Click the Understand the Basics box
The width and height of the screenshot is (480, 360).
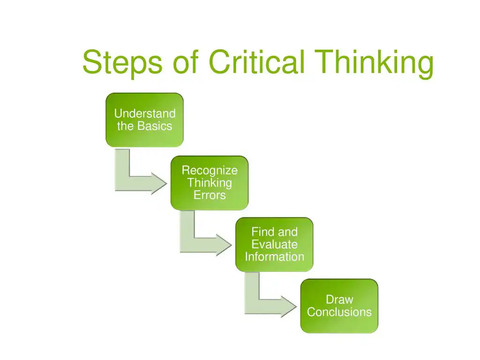click(x=144, y=120)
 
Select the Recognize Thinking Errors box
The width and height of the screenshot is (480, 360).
click(x=209, y=183)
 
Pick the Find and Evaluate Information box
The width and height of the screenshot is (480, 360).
click(x=274, y=244)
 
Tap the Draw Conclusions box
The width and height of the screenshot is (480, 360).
click(x=339, y=306)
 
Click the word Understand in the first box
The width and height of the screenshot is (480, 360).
click(x=145, y=113)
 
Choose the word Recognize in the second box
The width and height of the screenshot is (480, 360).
click(x=210, y=170)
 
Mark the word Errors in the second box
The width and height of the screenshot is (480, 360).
click(x=210, y=195)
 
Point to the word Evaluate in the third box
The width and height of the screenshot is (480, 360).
click(x=274, y=244)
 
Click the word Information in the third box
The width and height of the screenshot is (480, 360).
click(x=274, y=257)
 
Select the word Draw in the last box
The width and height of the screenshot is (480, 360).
click(x=339, y=300)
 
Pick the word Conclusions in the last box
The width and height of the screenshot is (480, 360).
click(x=339, y=312)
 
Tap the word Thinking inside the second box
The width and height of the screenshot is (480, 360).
click(x=210, y=183)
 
